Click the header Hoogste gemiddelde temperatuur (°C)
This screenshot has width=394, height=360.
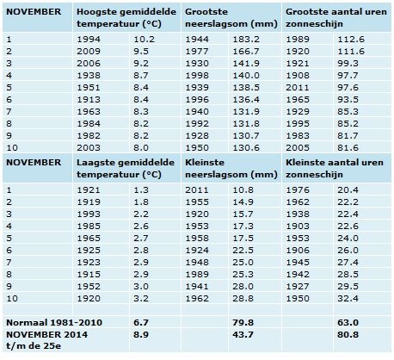point(126,18)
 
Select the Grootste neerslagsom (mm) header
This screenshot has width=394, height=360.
point(231,18)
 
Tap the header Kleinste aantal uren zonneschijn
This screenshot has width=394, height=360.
point(335,168)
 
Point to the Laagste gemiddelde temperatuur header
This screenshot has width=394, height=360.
point(126,168)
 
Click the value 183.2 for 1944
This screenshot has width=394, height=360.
point(246,39)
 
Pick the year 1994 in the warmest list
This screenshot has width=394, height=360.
point(89,39)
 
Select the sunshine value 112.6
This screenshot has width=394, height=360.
point(351,39)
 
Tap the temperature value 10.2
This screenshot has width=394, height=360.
point(144,39)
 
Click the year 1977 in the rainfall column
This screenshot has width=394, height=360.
point(197,51)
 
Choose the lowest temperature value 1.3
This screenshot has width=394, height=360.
point(141,189)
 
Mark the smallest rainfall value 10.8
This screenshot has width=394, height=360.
point(243,189)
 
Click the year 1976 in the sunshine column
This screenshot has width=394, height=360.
point(298,189)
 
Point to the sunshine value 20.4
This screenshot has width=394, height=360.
point(348,189)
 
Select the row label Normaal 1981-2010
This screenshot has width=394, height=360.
point(54,322)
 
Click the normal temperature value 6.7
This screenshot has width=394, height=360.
point(141,322)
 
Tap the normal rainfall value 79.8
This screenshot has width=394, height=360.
point(243,322)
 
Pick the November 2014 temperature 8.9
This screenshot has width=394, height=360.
point(141,334)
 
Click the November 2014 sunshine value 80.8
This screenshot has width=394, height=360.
point(348,334)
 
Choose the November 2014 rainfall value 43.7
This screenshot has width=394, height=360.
point(243,334)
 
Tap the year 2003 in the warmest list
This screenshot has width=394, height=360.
point(89,147)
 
